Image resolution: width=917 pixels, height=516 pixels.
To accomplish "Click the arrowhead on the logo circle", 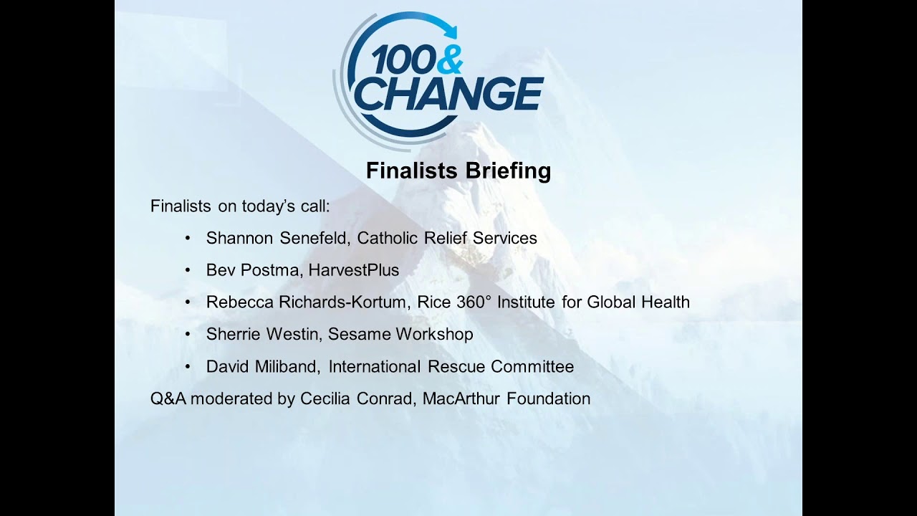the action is click(451, 31).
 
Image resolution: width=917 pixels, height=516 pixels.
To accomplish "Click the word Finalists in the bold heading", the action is click(412, 171).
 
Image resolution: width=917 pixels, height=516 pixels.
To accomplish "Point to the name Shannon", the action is click(239, 238).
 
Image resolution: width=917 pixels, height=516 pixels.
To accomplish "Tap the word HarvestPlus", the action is click(354, 270).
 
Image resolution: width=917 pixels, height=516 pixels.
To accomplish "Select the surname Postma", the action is click(272, 270).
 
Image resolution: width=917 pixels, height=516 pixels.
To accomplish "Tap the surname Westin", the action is click(292, 334).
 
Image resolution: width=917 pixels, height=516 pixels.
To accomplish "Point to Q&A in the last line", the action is click(168, 398).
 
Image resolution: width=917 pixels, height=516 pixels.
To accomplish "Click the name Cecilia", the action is click(325, 398).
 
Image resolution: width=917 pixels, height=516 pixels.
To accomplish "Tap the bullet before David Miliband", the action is click(188, 367).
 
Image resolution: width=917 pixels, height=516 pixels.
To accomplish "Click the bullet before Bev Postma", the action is click(188, 270).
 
